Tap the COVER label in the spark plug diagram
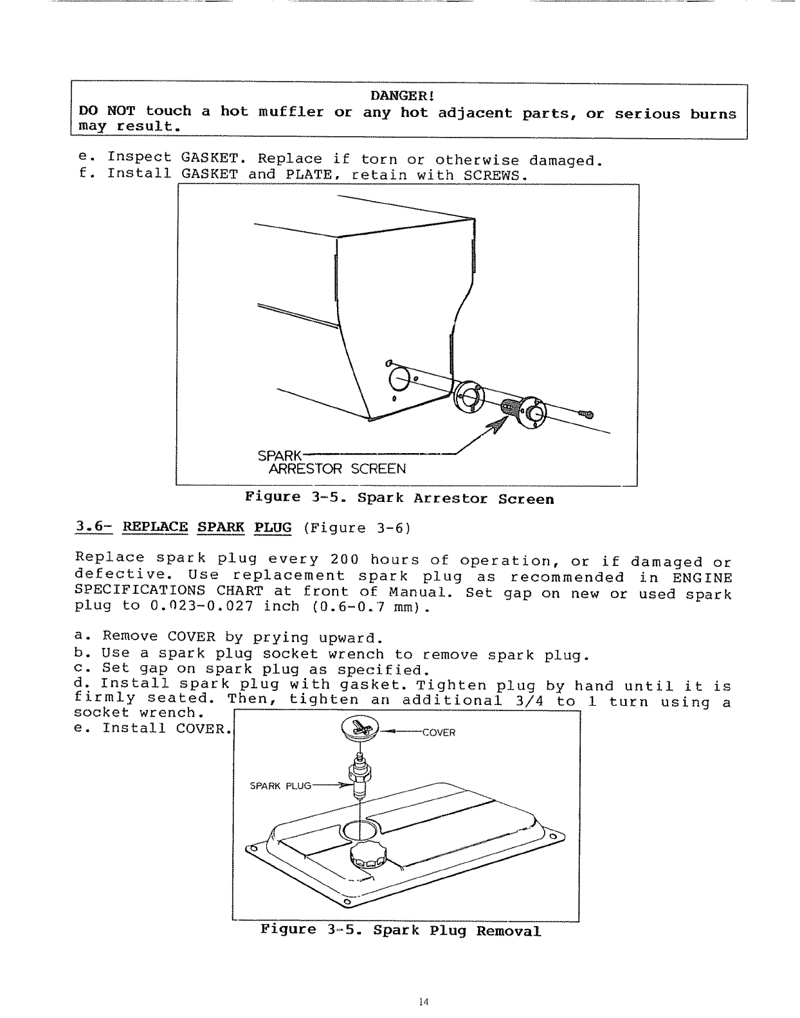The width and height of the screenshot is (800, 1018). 439,733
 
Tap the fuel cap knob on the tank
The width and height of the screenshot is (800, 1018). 369,858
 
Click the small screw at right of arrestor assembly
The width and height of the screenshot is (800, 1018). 587,415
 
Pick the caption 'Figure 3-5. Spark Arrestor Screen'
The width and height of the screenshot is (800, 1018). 399,499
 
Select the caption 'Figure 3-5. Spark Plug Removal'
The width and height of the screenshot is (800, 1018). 401,931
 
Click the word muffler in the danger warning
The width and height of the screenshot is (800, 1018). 291,112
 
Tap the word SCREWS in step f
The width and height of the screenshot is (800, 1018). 495,174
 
